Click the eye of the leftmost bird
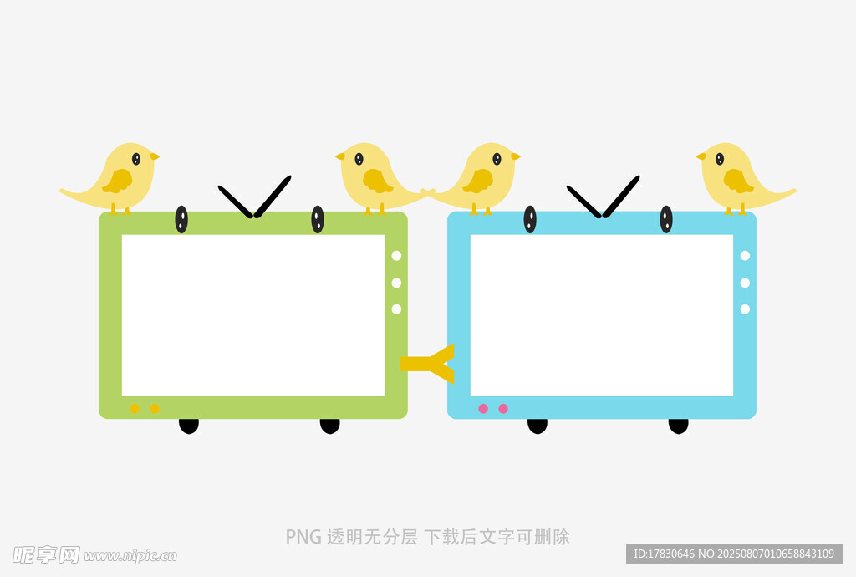(x=136, y=159)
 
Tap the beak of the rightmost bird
(x=701, y=156)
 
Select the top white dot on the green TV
(x=396, y=256)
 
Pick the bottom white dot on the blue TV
(x=745, y=309)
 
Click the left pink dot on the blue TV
(x=483, y=409)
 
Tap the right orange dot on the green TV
(x=155, y=409)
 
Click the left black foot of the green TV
(x=189, y=426)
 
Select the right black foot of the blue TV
(x=679, y=426)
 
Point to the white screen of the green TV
(x=252, y=315)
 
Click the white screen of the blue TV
(x=601, y=315)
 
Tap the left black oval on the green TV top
(x=181, y=219)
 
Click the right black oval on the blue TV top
(x=666, y=219)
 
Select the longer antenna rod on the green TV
(x=273, y=196)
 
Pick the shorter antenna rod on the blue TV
(x=583, y=201)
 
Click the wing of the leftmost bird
(x=118, y=181)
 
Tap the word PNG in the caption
(x=303, y=537)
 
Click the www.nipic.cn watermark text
(x=130, y=555)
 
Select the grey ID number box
(x=734, y=554)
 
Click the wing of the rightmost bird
(x=736, y=181)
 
